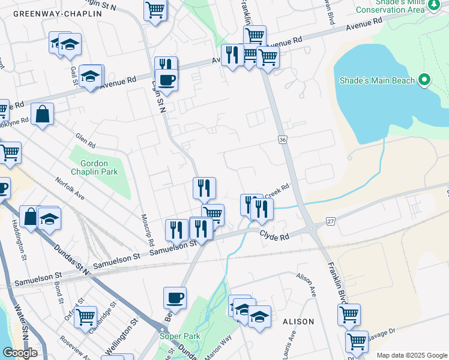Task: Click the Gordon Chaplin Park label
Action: click(93, 167)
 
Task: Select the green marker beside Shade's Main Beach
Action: click(424, 80)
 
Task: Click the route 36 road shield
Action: click(282, 139)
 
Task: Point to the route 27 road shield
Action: click(330, 221)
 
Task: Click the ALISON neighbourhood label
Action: click(298, 322)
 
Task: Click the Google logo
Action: click(20, 353)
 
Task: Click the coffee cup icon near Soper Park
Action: click(175, 298)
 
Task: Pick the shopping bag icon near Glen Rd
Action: click(43, 113)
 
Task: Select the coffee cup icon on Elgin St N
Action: click(166, 80)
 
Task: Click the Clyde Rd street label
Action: click(275, 236)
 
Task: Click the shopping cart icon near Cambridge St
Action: click(85, 316)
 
